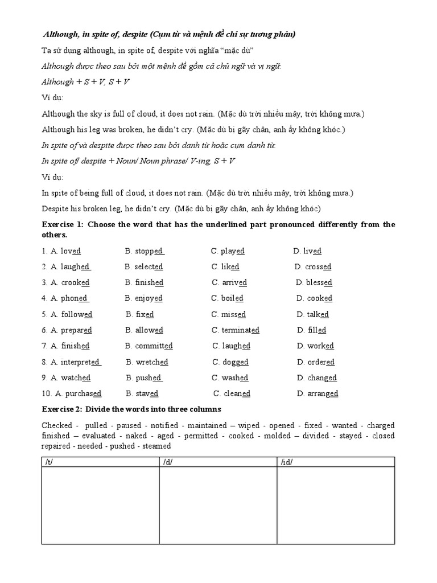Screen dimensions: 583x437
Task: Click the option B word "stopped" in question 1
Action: pyautogui.click(x=149, y=251)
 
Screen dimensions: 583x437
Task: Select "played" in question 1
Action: pyautogui.click(x=233, y=251)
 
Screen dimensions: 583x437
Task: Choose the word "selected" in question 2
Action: pyautogui.click(x=149, y=267)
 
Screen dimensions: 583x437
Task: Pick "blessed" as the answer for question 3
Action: pyautogui.click(x=319, y=283)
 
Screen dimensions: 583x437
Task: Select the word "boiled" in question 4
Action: pyautogui.click(x=232, y=298)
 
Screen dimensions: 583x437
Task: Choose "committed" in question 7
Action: pyautogui.click(x=154, y=346)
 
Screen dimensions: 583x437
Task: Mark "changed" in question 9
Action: pyautogui.click(x=322, y=378)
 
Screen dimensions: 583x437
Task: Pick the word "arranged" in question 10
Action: pyautogui.click(x=323, y=394)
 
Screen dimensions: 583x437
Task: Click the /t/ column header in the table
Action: pyautogui.click(x=48, y=462)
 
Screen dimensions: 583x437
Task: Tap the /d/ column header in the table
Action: pyautogui.click(x=167, y=462)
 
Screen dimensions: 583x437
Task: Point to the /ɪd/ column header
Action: pyautogui.click(x=286, y=462)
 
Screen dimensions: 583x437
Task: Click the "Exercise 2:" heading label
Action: pyautogui.click(x=63, y=410)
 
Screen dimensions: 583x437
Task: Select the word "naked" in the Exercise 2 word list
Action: pyautogui.click(x=135, y=436)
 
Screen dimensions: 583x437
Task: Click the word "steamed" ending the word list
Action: pyautogui.click(x=156, y=446)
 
